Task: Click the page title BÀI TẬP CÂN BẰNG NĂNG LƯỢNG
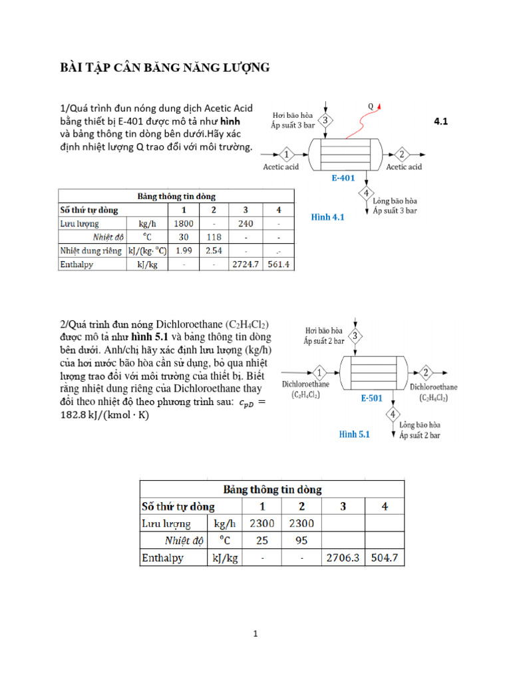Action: pos(165,67)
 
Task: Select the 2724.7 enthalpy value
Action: pos(247,264)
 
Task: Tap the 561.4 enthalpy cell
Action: pos(279,264)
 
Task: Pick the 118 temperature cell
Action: pos(214,236)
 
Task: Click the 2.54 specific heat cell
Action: pos(214,250)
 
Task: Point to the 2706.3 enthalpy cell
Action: pos(343,558)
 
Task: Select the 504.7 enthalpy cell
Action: pos(385,558)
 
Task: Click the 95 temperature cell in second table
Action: pos(301,540)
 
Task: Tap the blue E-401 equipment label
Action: pos(343,178)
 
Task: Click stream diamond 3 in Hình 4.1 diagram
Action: pos(325,121)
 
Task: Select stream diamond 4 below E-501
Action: pos(393,415)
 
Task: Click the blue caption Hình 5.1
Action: pos(354,434)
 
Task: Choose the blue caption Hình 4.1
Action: pos(327,217)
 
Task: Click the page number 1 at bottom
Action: pos(255,635)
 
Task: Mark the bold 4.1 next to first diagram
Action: pos(441,121)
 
